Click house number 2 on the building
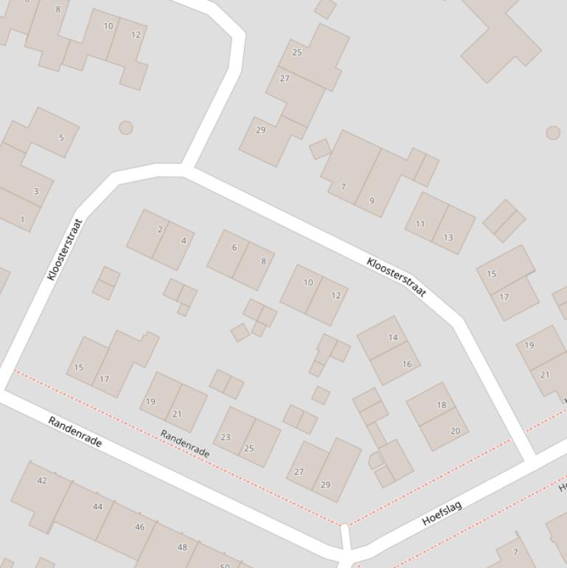point(160,229)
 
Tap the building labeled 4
point(184,240)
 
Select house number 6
point(234,248)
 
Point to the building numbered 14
point(393,338)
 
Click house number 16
point(407,364)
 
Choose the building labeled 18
point(442,405)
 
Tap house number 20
point(455,432)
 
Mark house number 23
point(226,437)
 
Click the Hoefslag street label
point(442,513)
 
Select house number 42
point(42,481)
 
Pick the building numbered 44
point(98,507)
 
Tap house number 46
point(140,527)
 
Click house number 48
point(182,547)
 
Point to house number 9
point(372,201)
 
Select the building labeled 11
point(420,224)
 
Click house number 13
point(448,238)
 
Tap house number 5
point(61,137)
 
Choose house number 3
point(35,192)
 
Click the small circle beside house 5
point(126,128)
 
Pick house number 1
point(22,220)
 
